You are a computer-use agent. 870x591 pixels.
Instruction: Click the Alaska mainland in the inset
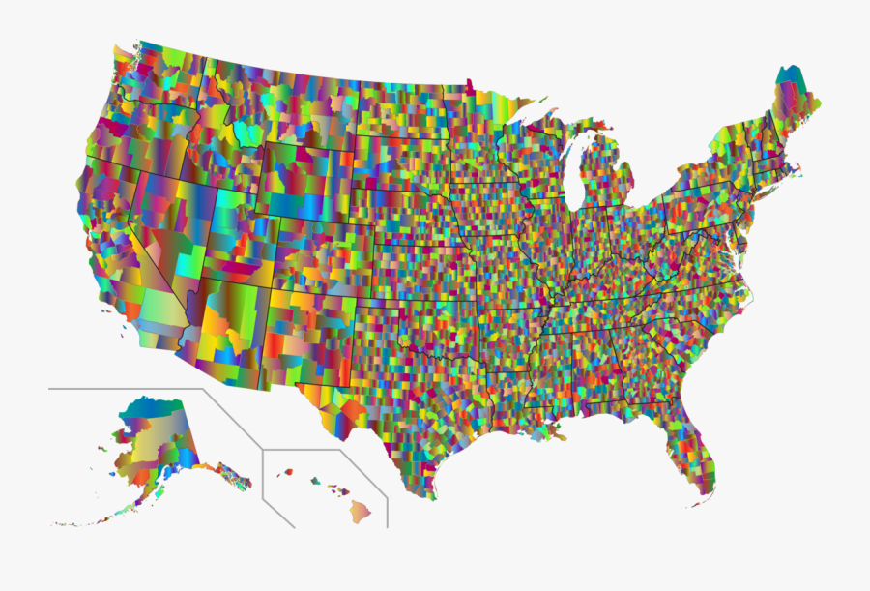click(155, 435)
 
